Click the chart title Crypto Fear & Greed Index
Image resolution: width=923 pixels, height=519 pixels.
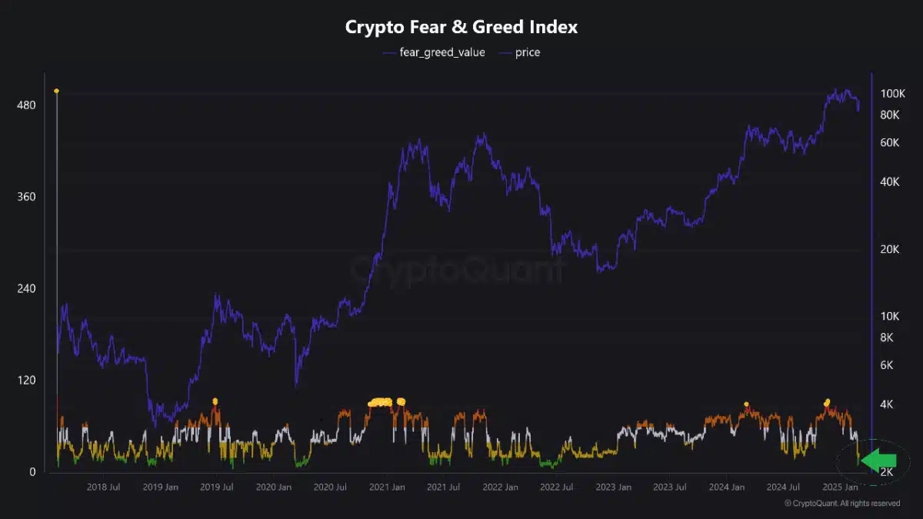coord(461,27)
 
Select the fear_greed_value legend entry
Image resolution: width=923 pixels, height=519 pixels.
coord(442,52)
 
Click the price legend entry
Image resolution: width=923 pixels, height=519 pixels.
coord(527,52)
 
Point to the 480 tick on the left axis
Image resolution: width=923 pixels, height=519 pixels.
coord(26,105)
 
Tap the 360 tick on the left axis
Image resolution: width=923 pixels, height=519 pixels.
coord(26,197)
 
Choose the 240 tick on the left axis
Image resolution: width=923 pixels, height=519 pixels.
coord(26,288)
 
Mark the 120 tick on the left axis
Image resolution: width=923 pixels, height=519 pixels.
coord(26,380)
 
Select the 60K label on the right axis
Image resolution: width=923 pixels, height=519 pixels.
coord(890,142)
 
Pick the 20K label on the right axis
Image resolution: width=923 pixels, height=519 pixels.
coord(890,249)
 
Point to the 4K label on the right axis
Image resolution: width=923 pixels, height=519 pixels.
coord(887,404)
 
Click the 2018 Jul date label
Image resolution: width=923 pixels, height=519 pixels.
coord(103,487)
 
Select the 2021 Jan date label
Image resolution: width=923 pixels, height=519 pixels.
coord(387,487)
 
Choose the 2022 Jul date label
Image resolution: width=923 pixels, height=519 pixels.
coord(557,487)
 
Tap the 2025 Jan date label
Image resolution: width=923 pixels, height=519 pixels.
coord(840,487)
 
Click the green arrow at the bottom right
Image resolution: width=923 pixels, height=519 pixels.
coord(879,460)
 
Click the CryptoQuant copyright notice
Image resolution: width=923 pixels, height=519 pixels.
coord(841,504)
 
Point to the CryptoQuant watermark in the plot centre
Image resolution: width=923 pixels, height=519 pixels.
coord(457,270)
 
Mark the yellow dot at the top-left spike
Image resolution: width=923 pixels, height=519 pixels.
coord(56,91)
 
